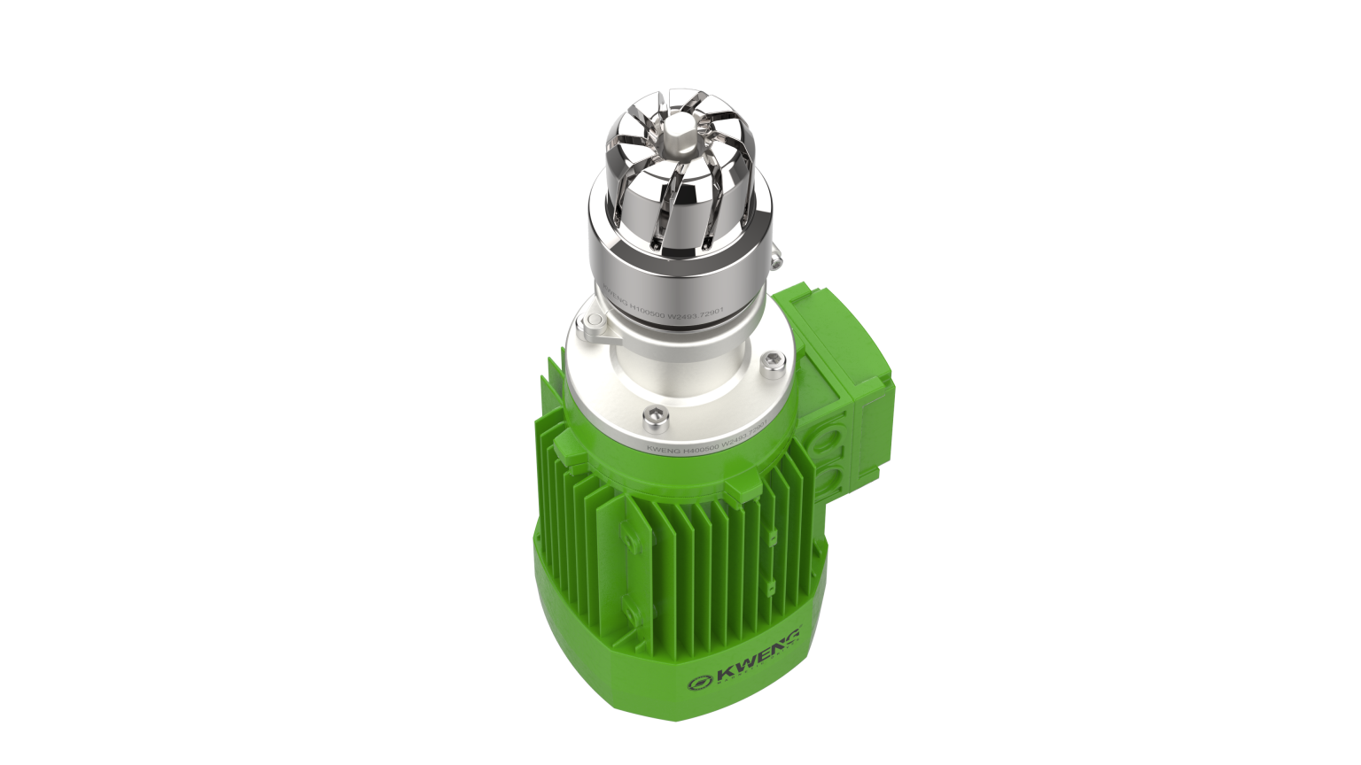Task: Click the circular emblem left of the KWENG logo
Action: [x=702, y=683]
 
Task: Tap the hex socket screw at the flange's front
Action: [x=653, y=413]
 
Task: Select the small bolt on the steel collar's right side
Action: [x=776, y=258]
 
